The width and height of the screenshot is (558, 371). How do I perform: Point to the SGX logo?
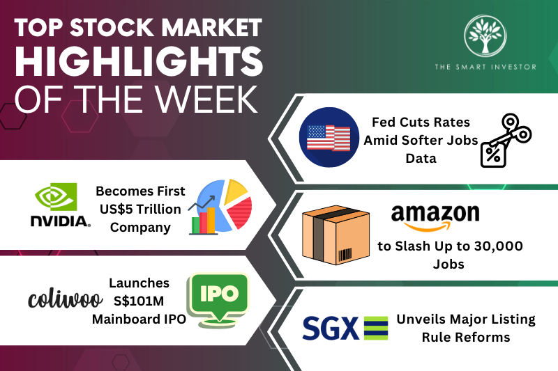pos(345,328)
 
